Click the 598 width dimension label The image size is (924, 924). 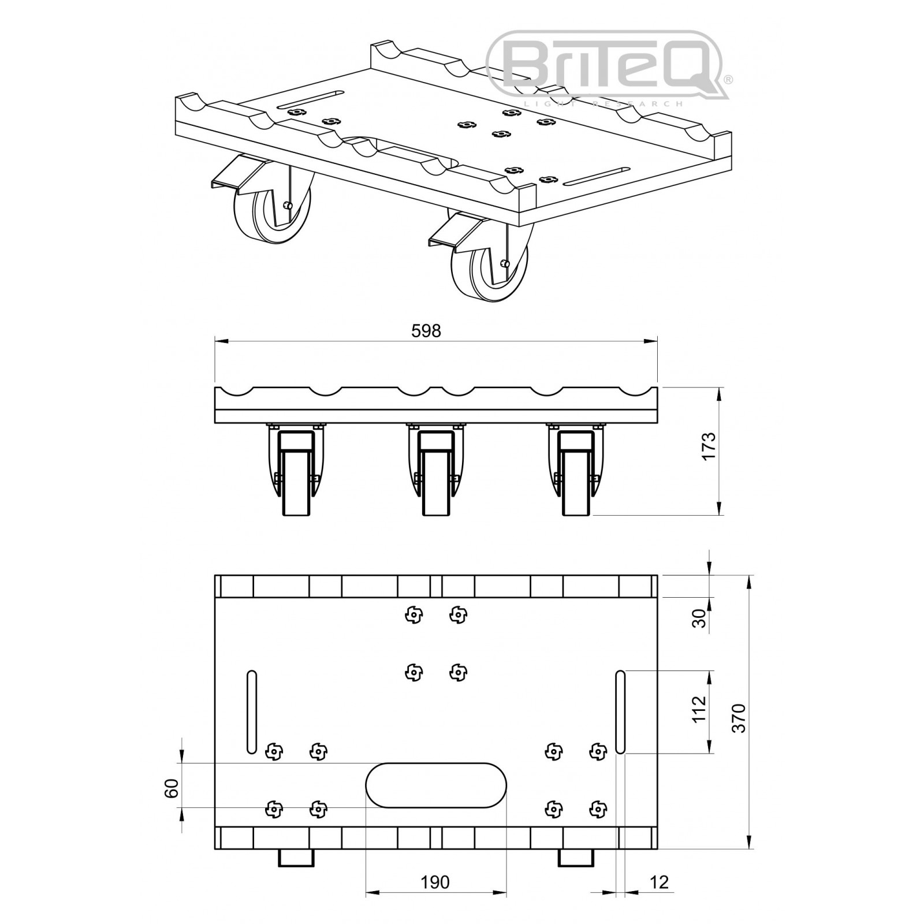pos(426,330)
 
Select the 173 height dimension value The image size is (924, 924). pos(709,445)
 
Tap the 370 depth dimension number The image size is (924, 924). pos(739,718)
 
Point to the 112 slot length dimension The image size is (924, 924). pos(699,709)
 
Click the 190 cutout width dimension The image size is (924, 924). pos(435,882)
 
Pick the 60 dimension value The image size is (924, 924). pos(172,788)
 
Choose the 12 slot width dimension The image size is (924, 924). pos(659,882)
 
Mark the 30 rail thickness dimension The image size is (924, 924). pos(699,619)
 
